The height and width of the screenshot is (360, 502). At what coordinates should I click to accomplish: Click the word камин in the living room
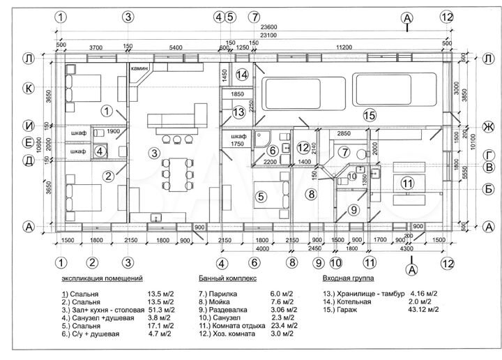tap(137, 70)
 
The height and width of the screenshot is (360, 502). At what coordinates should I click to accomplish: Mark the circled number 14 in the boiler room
tap(242, 74)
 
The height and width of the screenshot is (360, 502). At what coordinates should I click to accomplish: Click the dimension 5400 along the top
tap(176, 46)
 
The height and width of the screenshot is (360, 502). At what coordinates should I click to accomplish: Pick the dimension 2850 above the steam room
tap(344, 133)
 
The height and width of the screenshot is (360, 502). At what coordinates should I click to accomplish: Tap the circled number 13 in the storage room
tap(238, 112)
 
